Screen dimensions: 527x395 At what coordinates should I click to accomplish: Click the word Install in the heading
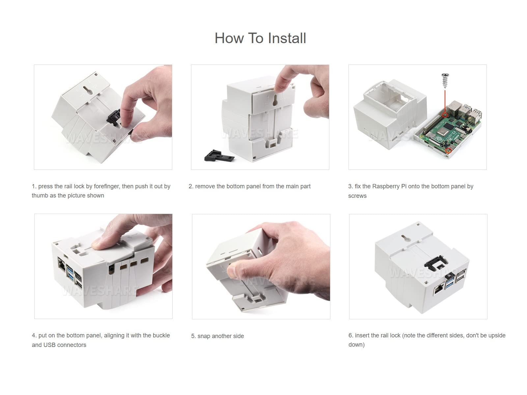click(x=287, y=38)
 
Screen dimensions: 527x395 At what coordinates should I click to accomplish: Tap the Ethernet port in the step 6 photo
click(x=438, y=290)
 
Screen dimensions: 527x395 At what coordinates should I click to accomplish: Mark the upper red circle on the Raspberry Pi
click(x=445, y=115)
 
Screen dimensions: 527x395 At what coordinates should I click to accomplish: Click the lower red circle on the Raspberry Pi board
click(x=449, y=150)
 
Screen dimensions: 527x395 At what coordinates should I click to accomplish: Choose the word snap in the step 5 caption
click(x=204, y=336)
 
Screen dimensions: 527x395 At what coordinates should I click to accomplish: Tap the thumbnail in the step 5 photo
click(x=231, y=271)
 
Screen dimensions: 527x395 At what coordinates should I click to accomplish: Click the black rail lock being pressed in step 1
click(x=113, y=118)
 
